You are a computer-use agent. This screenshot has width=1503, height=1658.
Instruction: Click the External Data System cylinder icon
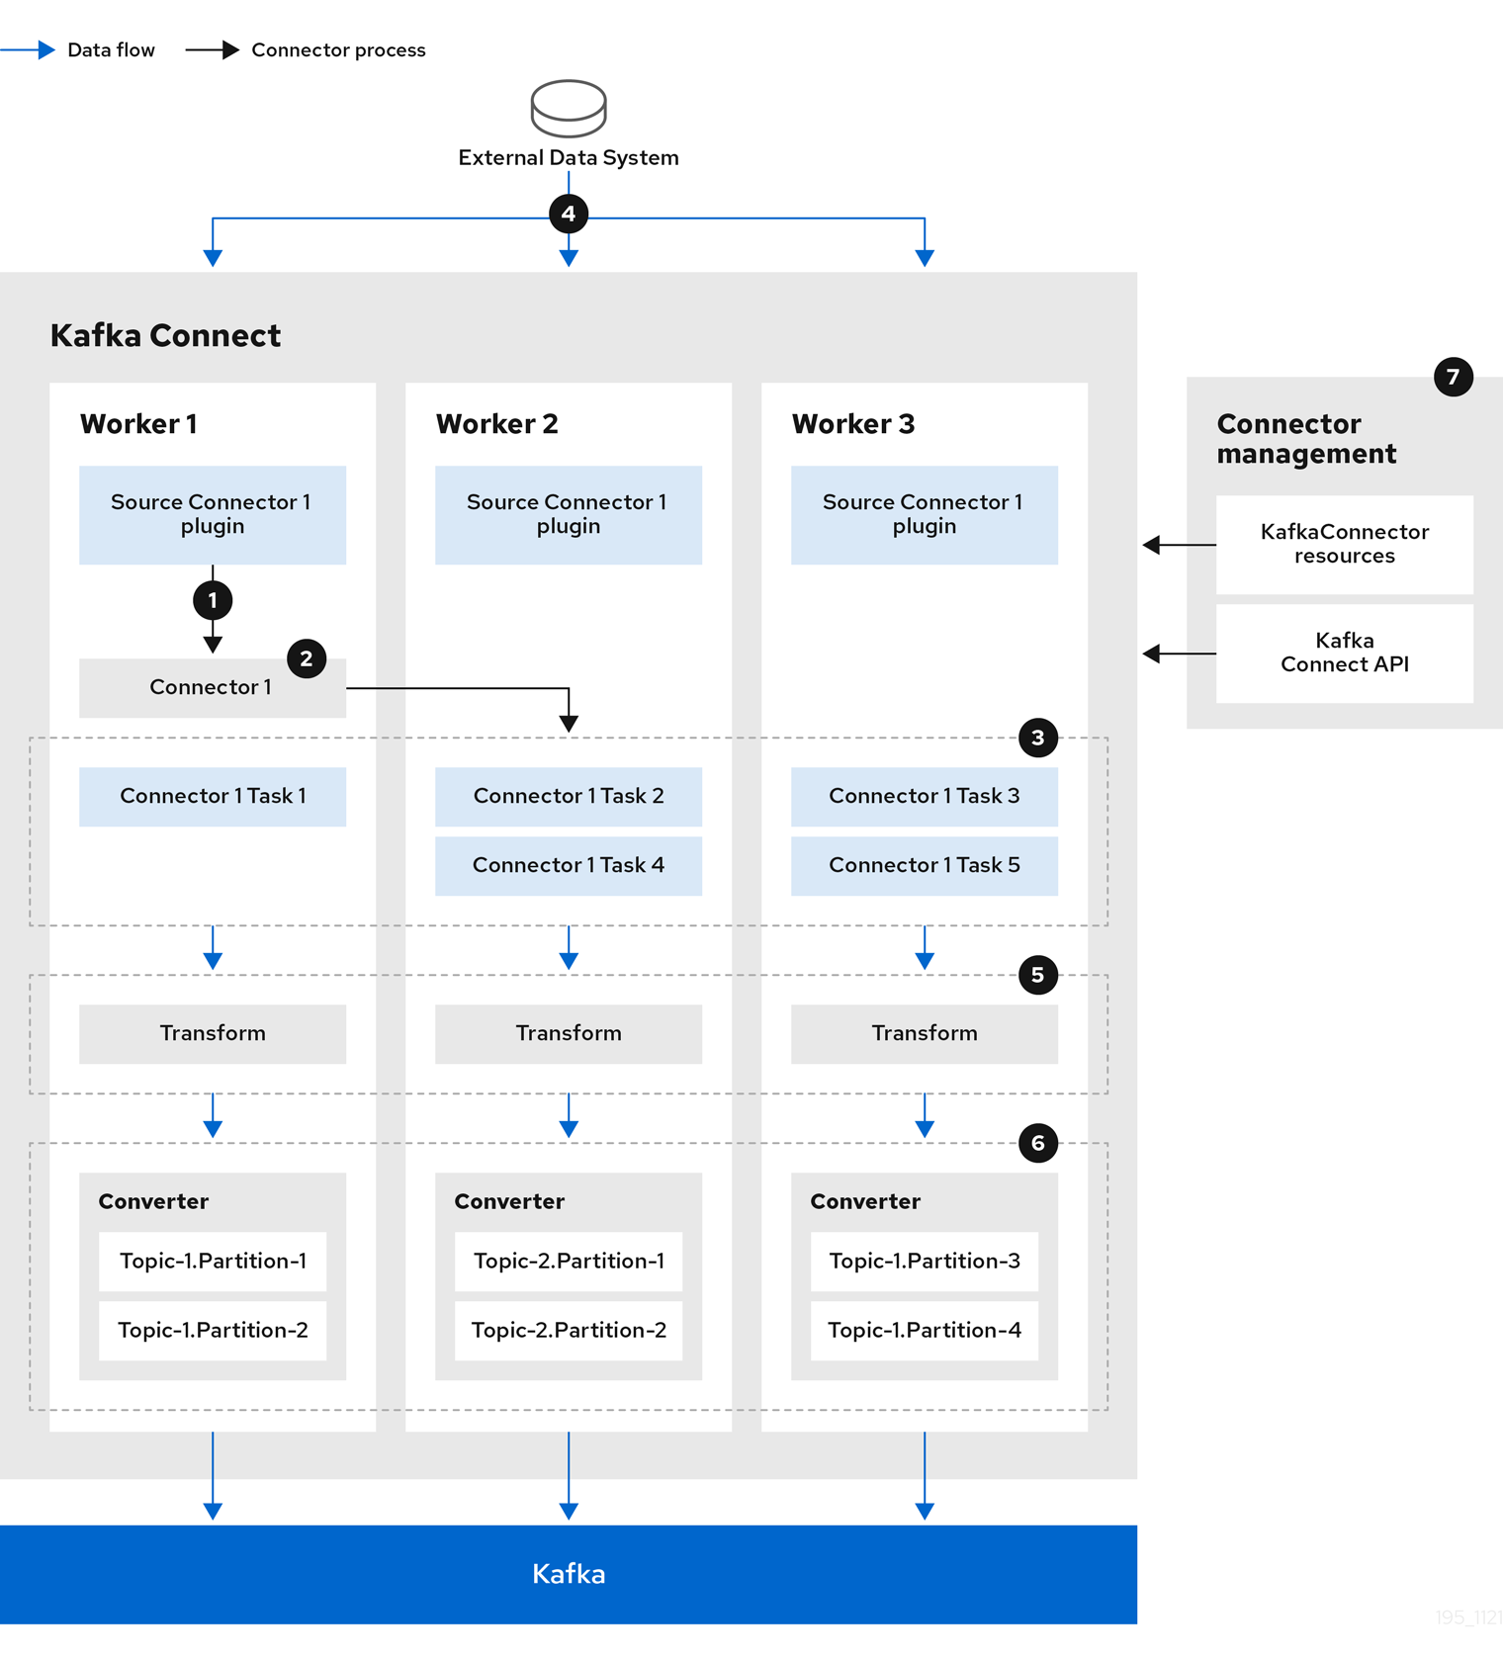569,108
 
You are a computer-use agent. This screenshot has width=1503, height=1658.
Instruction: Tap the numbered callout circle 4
569,214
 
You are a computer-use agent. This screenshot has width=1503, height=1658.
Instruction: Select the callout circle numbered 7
1453,377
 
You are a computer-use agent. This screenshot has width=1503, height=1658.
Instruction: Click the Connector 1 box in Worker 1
212,687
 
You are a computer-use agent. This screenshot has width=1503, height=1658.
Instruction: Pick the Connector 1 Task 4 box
569,865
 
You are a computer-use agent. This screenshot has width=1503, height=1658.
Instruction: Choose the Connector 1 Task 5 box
925,865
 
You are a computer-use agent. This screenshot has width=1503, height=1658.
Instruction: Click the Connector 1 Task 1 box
213,796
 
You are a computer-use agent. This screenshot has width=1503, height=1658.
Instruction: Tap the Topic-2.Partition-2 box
569,1330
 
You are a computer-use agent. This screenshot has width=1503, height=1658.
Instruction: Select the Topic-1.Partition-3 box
925,1261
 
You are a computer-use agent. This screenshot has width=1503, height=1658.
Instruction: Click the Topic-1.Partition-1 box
213,1261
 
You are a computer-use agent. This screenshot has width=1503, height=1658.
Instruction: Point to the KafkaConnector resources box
1344,544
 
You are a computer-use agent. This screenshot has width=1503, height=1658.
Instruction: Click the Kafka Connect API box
1344,653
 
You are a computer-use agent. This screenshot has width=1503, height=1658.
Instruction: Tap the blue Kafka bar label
569,1573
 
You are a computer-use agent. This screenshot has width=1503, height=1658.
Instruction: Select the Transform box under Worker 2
569,1033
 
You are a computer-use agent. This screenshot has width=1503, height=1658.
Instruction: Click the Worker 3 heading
852,424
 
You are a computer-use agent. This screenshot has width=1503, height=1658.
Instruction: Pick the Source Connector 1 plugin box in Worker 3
925,514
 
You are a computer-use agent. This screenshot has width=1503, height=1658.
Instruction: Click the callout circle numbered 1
213,600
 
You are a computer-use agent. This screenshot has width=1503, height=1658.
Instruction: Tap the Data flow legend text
111,50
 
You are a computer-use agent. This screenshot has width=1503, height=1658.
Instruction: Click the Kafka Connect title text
165,336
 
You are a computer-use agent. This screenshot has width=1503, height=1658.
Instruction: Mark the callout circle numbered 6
1037,1143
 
